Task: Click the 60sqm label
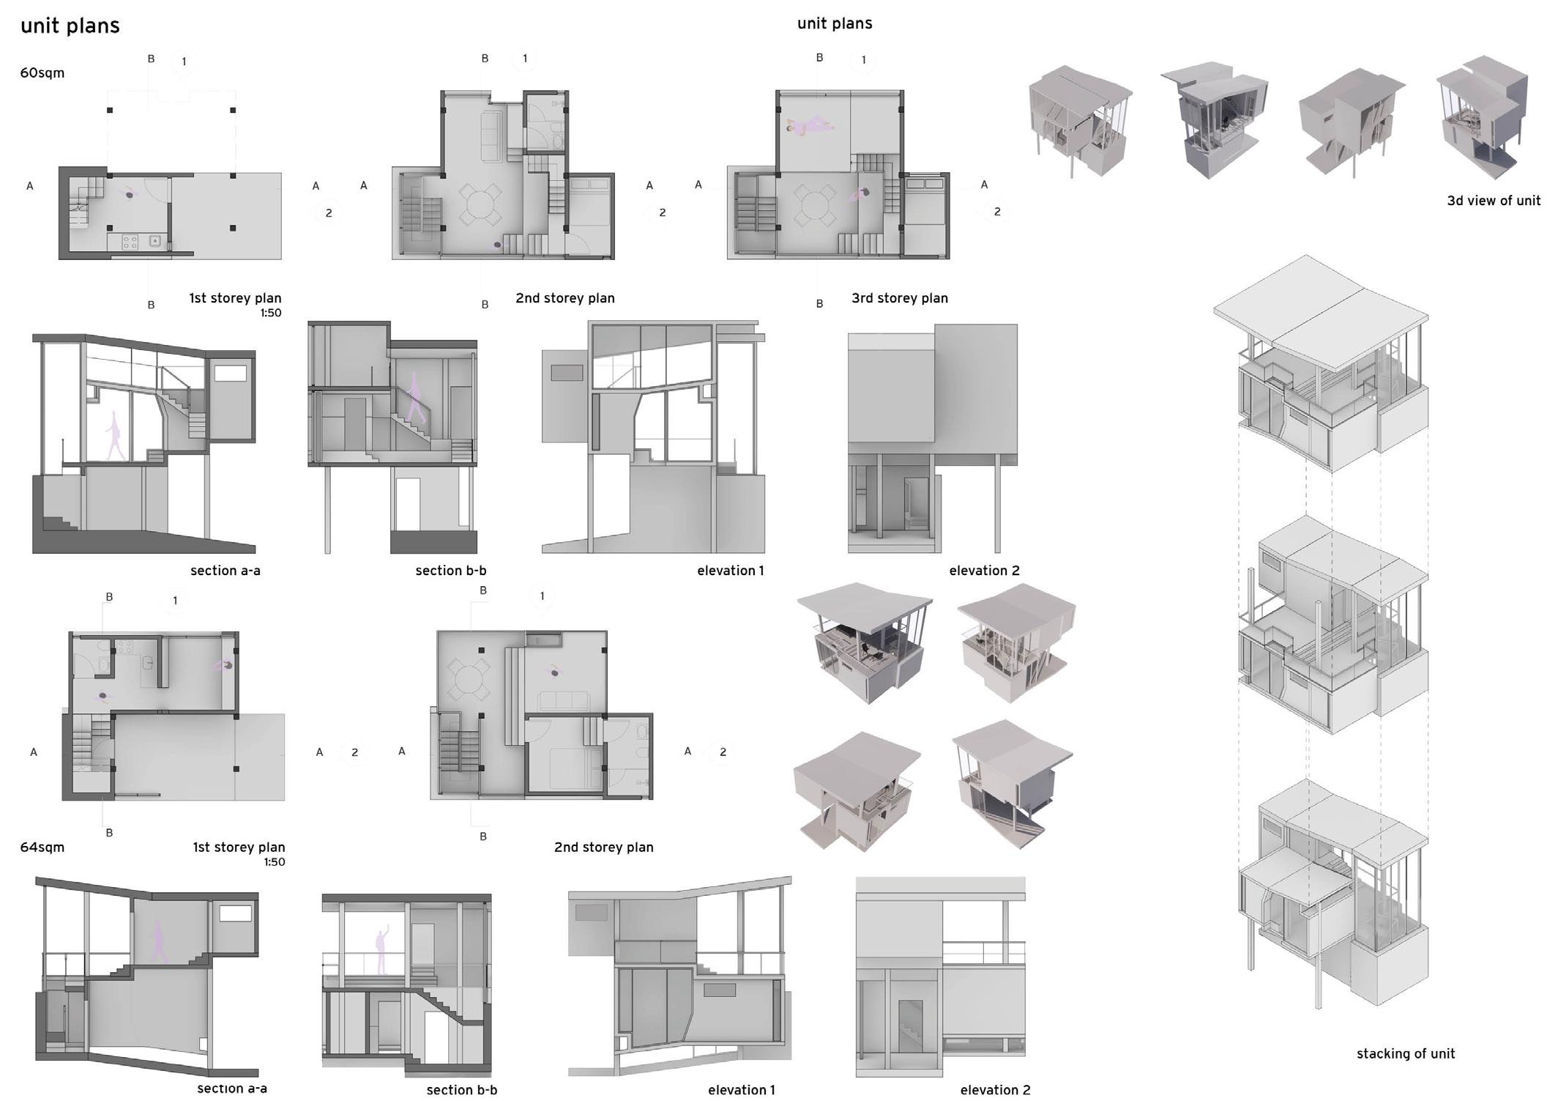42,73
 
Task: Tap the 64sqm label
42,848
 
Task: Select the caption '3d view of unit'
1493,201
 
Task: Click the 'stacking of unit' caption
1405,1054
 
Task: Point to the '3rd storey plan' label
899,298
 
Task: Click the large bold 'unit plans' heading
70,26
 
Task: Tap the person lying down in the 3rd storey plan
810,127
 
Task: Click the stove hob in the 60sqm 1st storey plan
130,240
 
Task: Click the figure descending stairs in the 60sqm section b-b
415,399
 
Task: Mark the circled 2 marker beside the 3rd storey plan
996,212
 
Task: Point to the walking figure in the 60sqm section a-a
115,436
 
